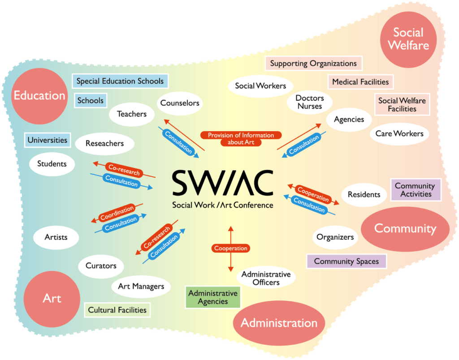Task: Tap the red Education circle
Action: [x=39, y=95]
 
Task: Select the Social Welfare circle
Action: [x=408, y=39]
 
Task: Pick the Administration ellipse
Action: [x=279, y=323]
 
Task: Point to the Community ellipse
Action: [x=405, y=228]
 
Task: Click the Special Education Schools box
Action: [x=120, y=81]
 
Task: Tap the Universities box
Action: [x=48, y=140]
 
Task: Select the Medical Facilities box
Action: [x=360, y=82]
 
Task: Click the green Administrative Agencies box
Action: [x=213, y=297]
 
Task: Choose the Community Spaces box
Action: [x=346, y=261]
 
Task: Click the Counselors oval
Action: [x=180, y=103]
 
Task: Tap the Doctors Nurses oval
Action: [x=309, y=102]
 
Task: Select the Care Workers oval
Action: [x=399, y=133]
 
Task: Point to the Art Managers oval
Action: [x=141, y=286]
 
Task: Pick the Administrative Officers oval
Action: [x=266, y=278]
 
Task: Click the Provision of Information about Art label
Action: [x=241, y=138]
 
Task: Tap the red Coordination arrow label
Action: [x=117, y=213]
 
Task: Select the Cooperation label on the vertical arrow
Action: [x=231, y=248]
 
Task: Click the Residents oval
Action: [x=364, y=194]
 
